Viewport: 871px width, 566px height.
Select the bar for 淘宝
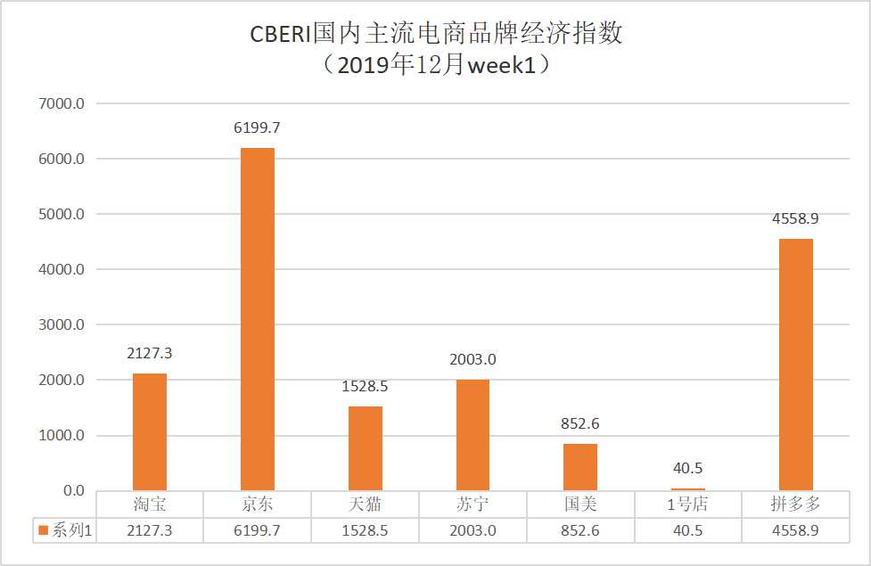point(150,431)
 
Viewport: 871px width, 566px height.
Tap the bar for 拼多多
point(795,365)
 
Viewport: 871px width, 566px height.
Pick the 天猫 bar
point(366,448)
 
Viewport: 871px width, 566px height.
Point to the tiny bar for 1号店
point(687,488)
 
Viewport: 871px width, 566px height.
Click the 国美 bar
point(580,467)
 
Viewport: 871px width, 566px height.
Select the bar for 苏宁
point(472,435)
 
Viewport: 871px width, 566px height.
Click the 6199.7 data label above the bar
point(257,128)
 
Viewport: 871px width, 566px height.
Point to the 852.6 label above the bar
point(580,424)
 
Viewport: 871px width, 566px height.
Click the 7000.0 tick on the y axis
point(62,104)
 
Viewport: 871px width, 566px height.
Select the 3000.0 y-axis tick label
point(62,325)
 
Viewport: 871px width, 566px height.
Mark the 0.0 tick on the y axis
point(72,491)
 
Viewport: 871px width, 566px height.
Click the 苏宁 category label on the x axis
point(472,505)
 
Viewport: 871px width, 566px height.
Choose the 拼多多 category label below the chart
point(795,505)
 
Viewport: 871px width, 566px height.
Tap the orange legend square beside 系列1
point(43,531)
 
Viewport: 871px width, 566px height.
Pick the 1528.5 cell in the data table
point(366,531)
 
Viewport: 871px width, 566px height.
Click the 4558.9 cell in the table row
point(795,531)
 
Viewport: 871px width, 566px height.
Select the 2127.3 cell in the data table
point(150,531)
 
